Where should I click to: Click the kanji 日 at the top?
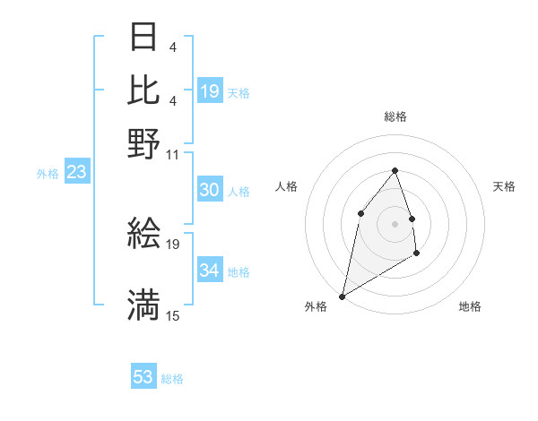pyautogui.click(x=143, y=39)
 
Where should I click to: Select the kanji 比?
pyautogui.click(x=143, y=90)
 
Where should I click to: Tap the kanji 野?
pyautogui.click(x=143, y=142)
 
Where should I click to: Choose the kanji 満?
pyautogui.click(x=143, y=305)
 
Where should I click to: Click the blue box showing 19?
pyautogui.click(x=210, y=90)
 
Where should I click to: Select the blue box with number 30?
pyautogui.click(x=210, y=190)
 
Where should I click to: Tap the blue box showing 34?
pyautogui.click(x=210, y=271)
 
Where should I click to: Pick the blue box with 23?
pyautogui.click(x=76, y=173)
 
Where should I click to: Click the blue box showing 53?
pyautogui.click(x=143, y=377)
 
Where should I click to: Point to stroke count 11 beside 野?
pyautogui.click(x=173, y=153)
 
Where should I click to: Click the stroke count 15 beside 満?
pyautogui.click(x=173, y=315)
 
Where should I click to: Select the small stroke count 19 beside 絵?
pyautogui.click(x=174, y=244)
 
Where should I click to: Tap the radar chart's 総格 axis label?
pyautogui.click(x=395, y=116)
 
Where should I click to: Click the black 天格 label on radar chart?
pyautogui.click(x=505, y=186)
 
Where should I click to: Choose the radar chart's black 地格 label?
pyautogui.click(x=470, y=306)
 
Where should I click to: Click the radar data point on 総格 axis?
pyautogui.click(x=395, y=171)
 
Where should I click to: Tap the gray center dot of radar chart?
pyautogui.click(x=395, y=223)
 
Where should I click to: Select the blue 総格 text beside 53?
pyautogui.click(x=172, y=379)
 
